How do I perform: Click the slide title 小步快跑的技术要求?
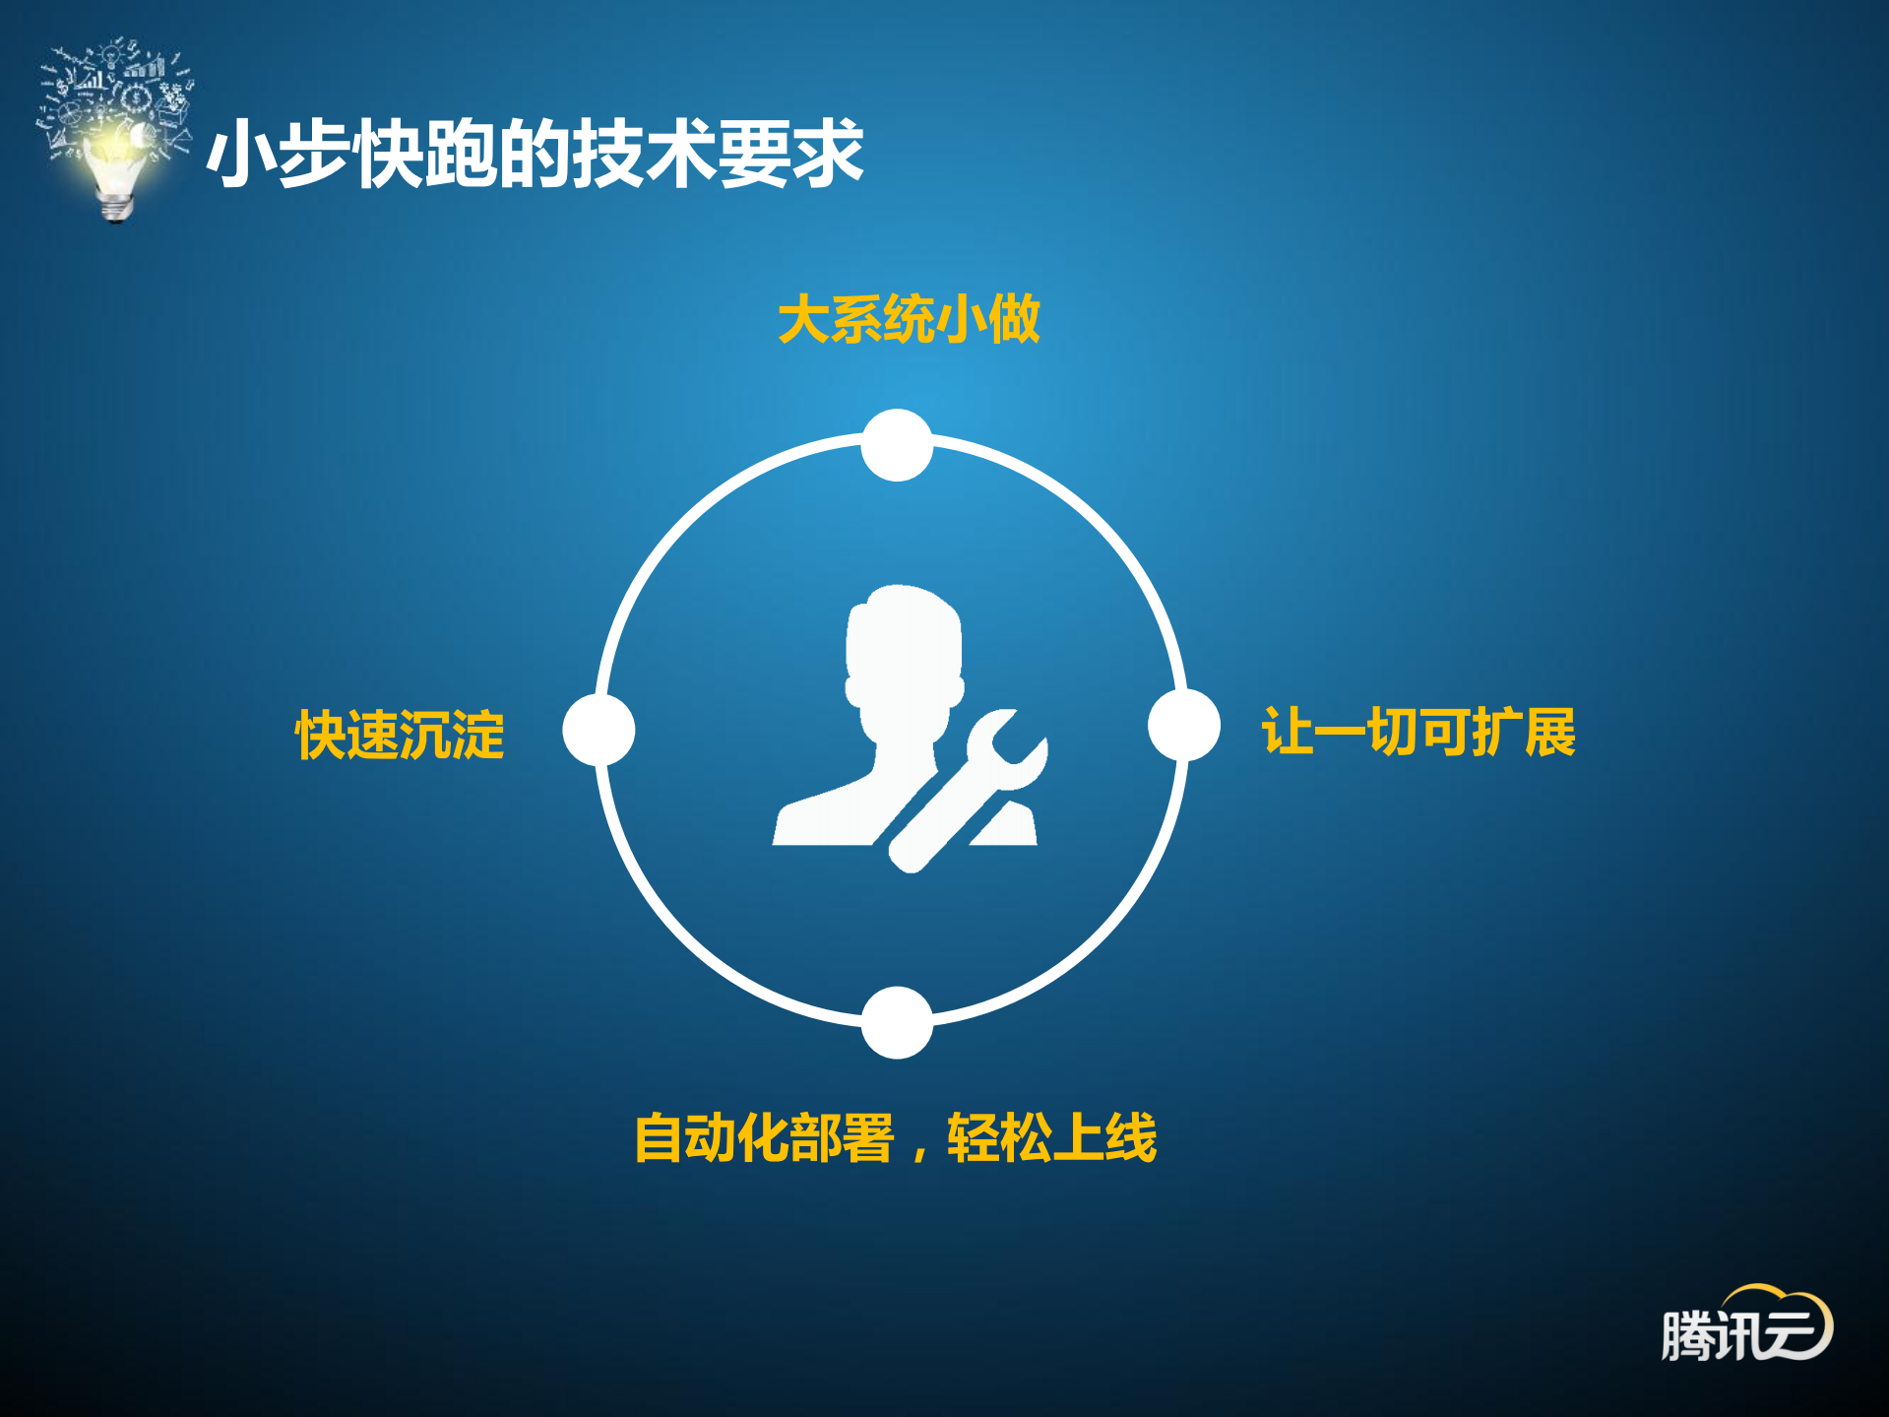click(535, 154)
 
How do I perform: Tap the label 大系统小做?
click(909, 320)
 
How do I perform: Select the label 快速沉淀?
click(400, 735)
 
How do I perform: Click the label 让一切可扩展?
click(1418, 732)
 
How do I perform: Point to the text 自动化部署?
click(764, 1138)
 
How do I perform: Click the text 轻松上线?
click(1051, 1138)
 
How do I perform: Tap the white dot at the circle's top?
click(897, 445)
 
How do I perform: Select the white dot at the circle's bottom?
click(897, 1022)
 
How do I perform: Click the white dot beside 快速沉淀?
click(598, 730)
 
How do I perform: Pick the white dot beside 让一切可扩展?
click(1184, 725)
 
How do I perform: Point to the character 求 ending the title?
click(828, 154)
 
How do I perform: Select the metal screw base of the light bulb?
click(117, 207)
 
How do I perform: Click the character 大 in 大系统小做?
click(804, 320)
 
